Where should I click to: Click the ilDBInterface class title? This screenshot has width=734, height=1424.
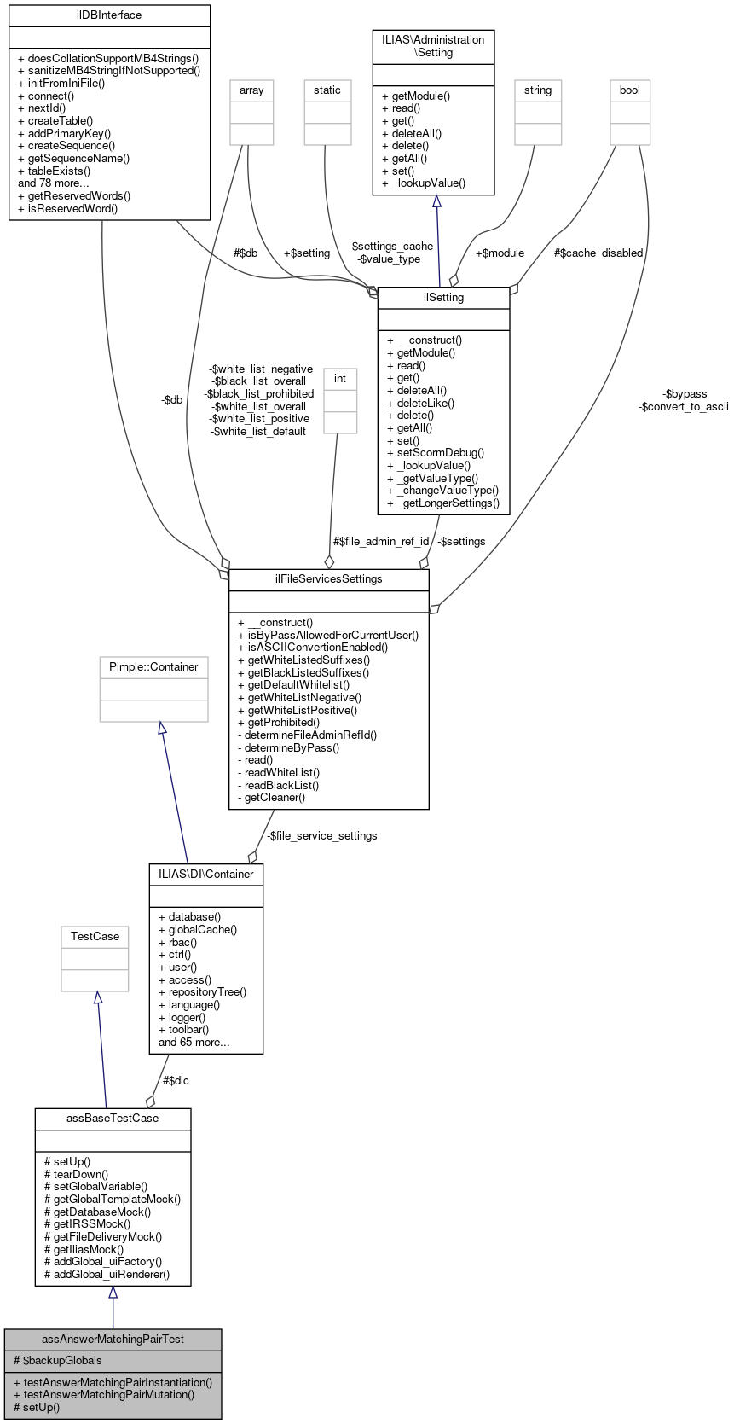(x=109, y=15)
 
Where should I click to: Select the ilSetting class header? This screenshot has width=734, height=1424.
(x=443, y=298)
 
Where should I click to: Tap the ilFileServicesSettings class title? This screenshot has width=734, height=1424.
(x=328, y=578)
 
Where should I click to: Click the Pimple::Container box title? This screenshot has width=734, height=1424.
(x=153, y=666)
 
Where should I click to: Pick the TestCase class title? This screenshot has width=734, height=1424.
(x=95, y=936)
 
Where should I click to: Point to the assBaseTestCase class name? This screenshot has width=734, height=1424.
(x=113, y=1118)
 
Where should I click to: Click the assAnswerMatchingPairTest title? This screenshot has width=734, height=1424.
(x=113, y=1339)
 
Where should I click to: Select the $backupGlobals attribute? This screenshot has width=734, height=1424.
(x=58, y=1360)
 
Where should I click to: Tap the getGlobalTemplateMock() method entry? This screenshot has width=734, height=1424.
(x=113, y=1199)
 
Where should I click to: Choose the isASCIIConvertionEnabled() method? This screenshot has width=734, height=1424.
(x=313, y=647)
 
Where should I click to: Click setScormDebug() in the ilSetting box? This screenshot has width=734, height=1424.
(x=436, y=453)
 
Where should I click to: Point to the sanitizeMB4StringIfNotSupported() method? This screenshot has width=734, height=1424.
(x=109, y=71)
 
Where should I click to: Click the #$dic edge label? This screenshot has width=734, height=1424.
(x=176, y=1080)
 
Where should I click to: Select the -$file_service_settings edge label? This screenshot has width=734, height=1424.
(x=321, y=835)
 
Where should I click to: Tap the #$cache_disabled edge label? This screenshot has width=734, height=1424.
(x=598, y=253)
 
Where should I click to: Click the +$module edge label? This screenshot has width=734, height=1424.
(x=500, y=253)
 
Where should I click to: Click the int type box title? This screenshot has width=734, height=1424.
(x=340, y=378)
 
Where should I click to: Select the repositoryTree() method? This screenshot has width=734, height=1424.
(x=202, y=991)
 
